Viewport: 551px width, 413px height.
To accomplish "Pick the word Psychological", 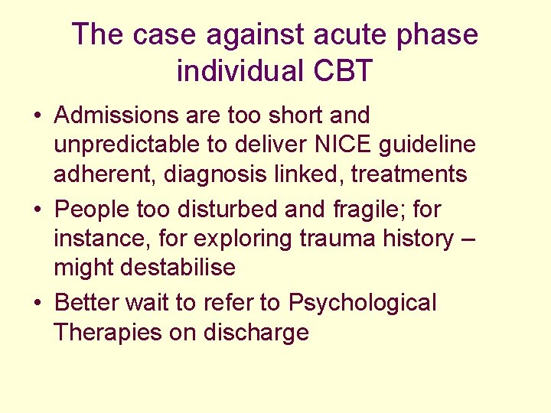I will tap(362, 303).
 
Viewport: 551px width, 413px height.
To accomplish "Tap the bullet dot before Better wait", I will tap(37, 303).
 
